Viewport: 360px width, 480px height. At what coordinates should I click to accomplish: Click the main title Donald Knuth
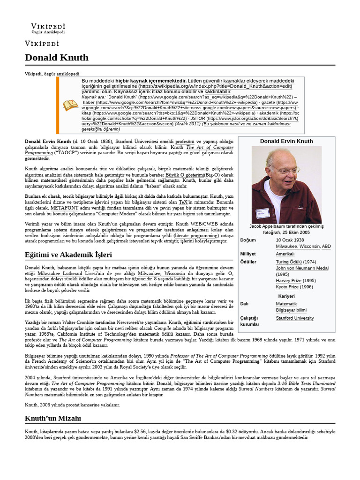pos(56,58)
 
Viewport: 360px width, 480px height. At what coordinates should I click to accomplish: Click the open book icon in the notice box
pos(71,105)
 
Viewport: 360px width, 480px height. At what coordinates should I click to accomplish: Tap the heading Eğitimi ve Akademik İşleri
pos(68,255)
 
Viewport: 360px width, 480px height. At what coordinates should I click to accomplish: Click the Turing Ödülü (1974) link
pos(296,262)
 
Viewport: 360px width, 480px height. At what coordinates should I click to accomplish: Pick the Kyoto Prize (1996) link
pos(294,287)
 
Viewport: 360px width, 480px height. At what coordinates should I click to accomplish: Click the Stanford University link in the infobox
pos(294,318)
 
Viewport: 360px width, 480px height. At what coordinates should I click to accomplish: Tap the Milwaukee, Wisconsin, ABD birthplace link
pos(303,246)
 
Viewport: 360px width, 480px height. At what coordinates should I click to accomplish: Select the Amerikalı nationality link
pos(285,254)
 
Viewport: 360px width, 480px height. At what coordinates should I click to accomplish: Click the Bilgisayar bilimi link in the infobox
pos(291,310)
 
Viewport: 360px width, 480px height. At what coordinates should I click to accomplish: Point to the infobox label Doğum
pos(248,240)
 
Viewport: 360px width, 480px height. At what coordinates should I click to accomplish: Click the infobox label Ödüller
pos(247,262)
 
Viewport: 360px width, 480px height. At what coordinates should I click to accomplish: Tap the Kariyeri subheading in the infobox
pos(286,296)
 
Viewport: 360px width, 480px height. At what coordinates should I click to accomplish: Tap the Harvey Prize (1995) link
pos(295,280)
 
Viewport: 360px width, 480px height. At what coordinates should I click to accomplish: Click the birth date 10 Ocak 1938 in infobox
pos(290,240)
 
